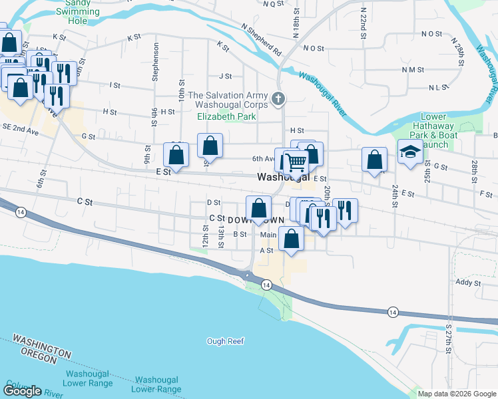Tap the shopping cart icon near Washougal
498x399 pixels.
click(x=296, y=162)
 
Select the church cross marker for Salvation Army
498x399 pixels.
click(x=279, y=100)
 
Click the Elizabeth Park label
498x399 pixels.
click(x=227, y=115)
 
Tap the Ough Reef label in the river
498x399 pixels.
click(x=226, y=341)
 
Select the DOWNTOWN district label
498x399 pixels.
click(x=256, y=219)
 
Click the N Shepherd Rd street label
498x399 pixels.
click(x=262, y=39)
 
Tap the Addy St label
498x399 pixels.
click(x=468, y=283)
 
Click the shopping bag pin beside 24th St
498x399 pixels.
click(x=375, y=160)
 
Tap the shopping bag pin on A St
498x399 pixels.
click(x=291, y=239)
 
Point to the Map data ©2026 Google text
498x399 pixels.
click(x=456, y=394)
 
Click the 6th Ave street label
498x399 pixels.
click(x=263, y=158)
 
